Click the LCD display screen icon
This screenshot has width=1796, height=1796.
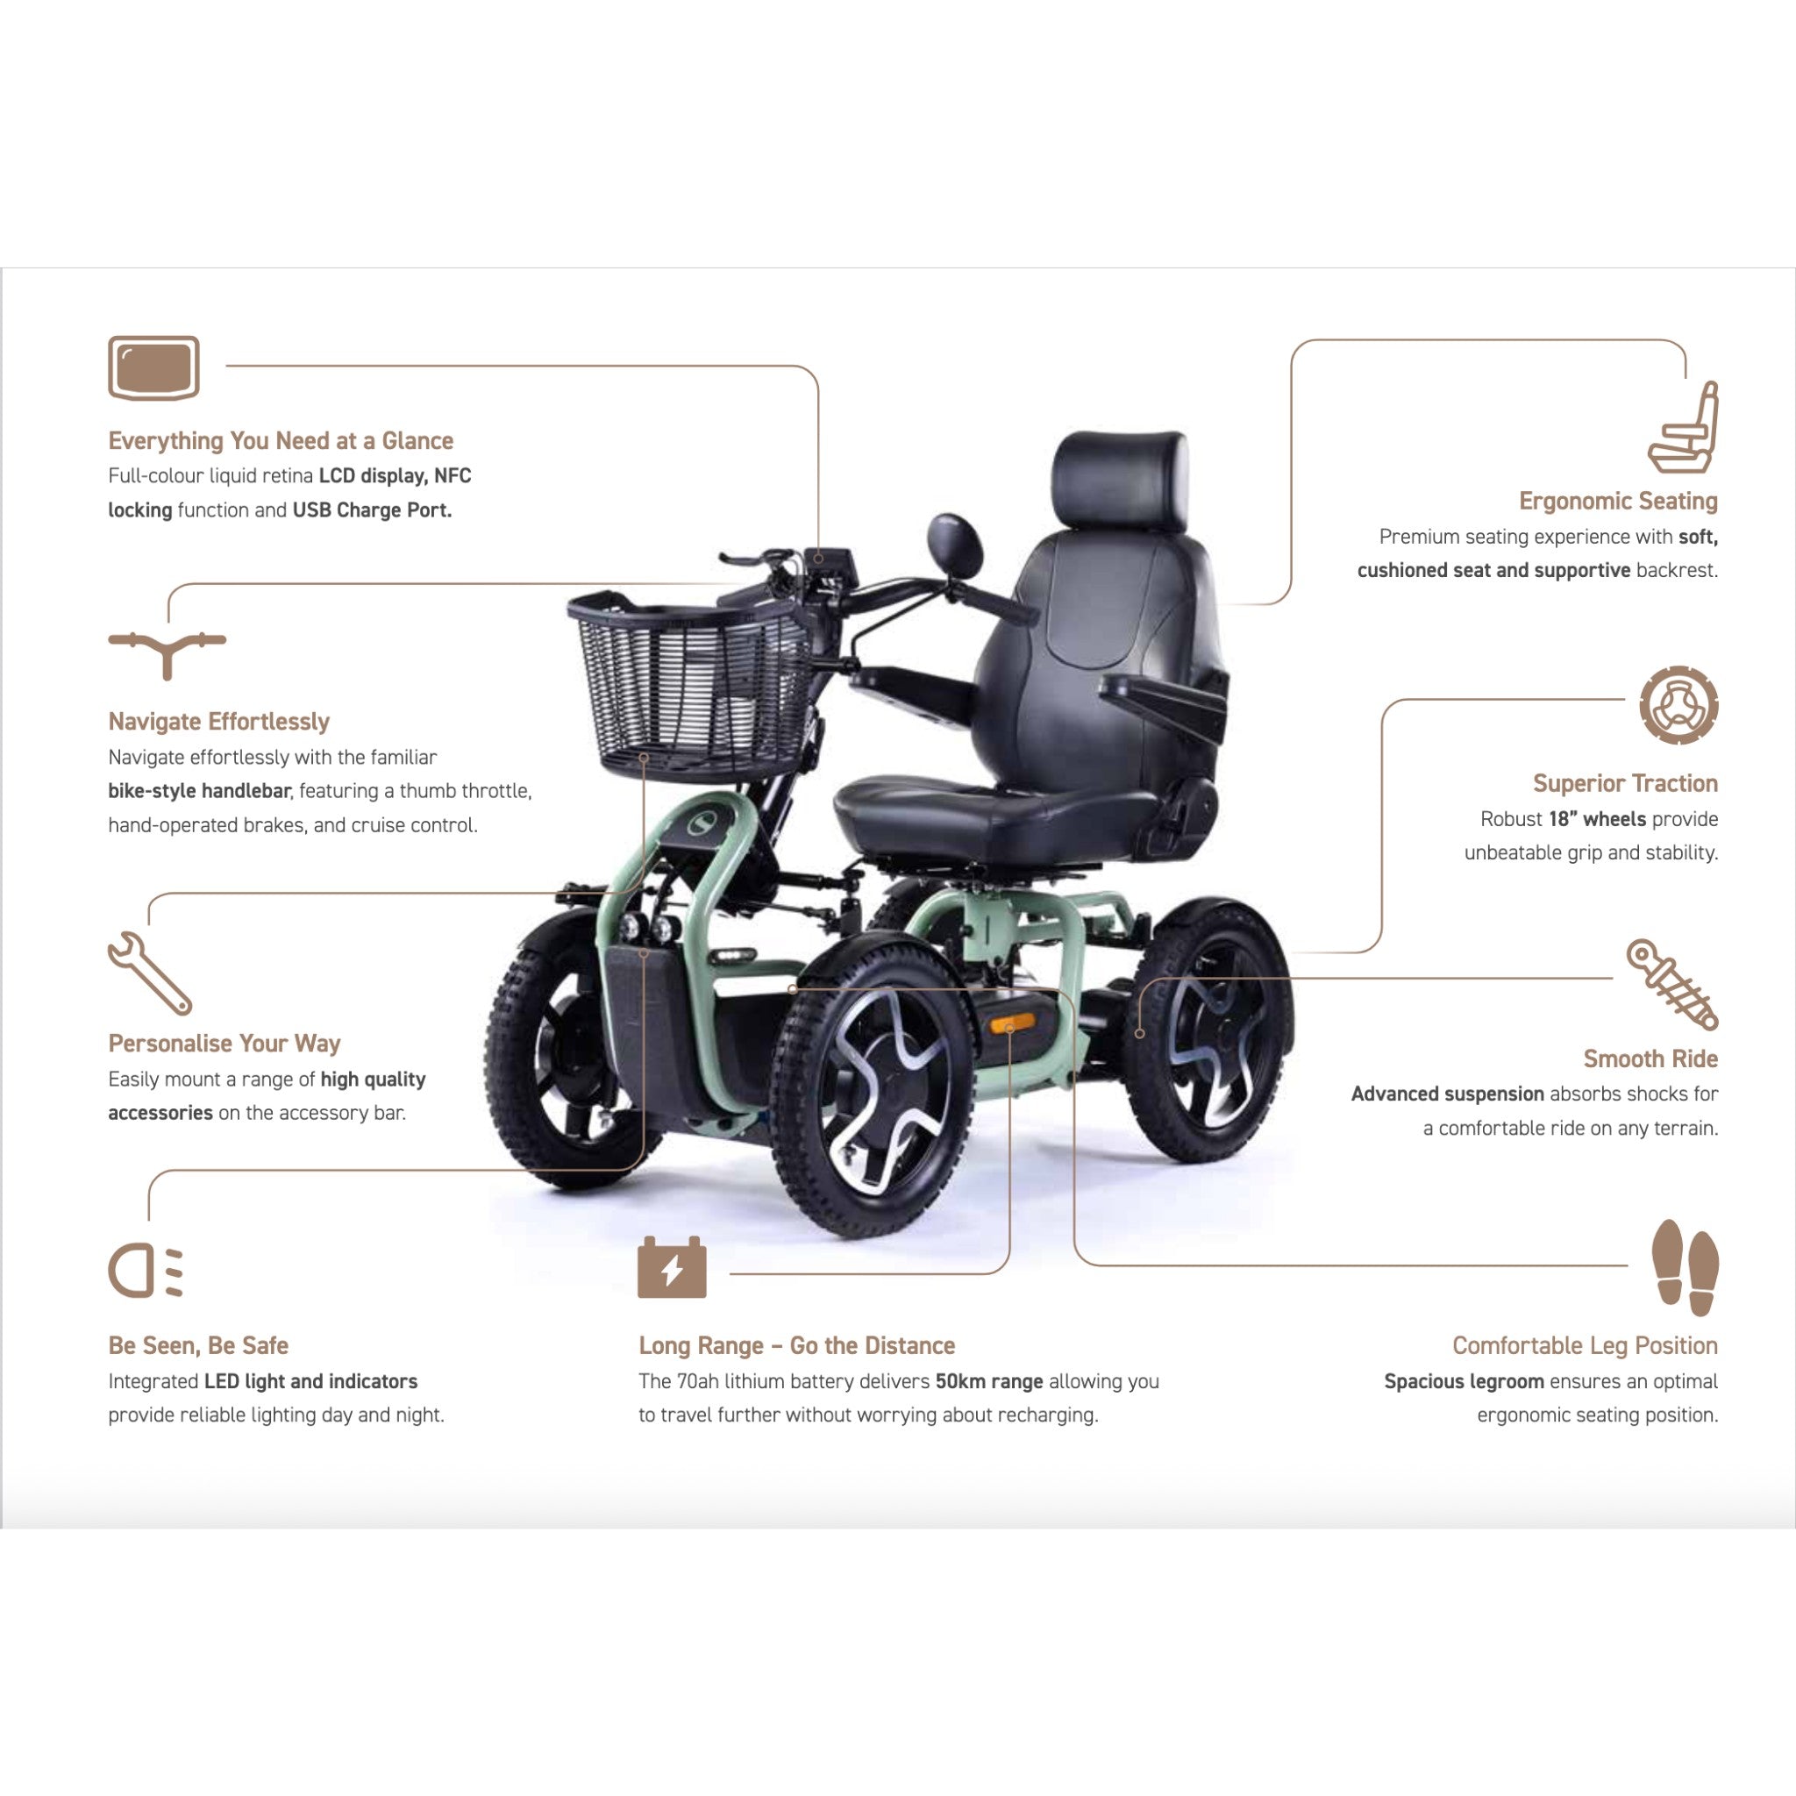click(153, 368)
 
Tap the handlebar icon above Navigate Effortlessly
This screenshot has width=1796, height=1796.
click(167, 652)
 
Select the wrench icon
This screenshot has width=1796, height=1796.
click(150, 973)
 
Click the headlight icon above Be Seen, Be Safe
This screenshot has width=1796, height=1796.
click(145, 1270)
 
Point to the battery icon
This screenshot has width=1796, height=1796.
click(672, 1267)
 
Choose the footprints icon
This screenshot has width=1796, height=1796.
click(1686, 1267)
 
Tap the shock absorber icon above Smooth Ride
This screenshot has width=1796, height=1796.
click(1672, 985)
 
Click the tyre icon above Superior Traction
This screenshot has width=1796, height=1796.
click(1678, 705)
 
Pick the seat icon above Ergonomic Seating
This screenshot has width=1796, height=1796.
click(1684, 427)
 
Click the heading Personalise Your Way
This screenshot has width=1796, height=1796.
click(224, 1044)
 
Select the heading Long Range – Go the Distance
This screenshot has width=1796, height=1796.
click(796, 1345)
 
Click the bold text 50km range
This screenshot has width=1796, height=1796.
click(989, 1381)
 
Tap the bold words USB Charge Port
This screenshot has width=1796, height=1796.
click(372, 510)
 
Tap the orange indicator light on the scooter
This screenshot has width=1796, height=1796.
click(1011, 1024)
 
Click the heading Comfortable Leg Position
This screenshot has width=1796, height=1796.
click(1585, 1345)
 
